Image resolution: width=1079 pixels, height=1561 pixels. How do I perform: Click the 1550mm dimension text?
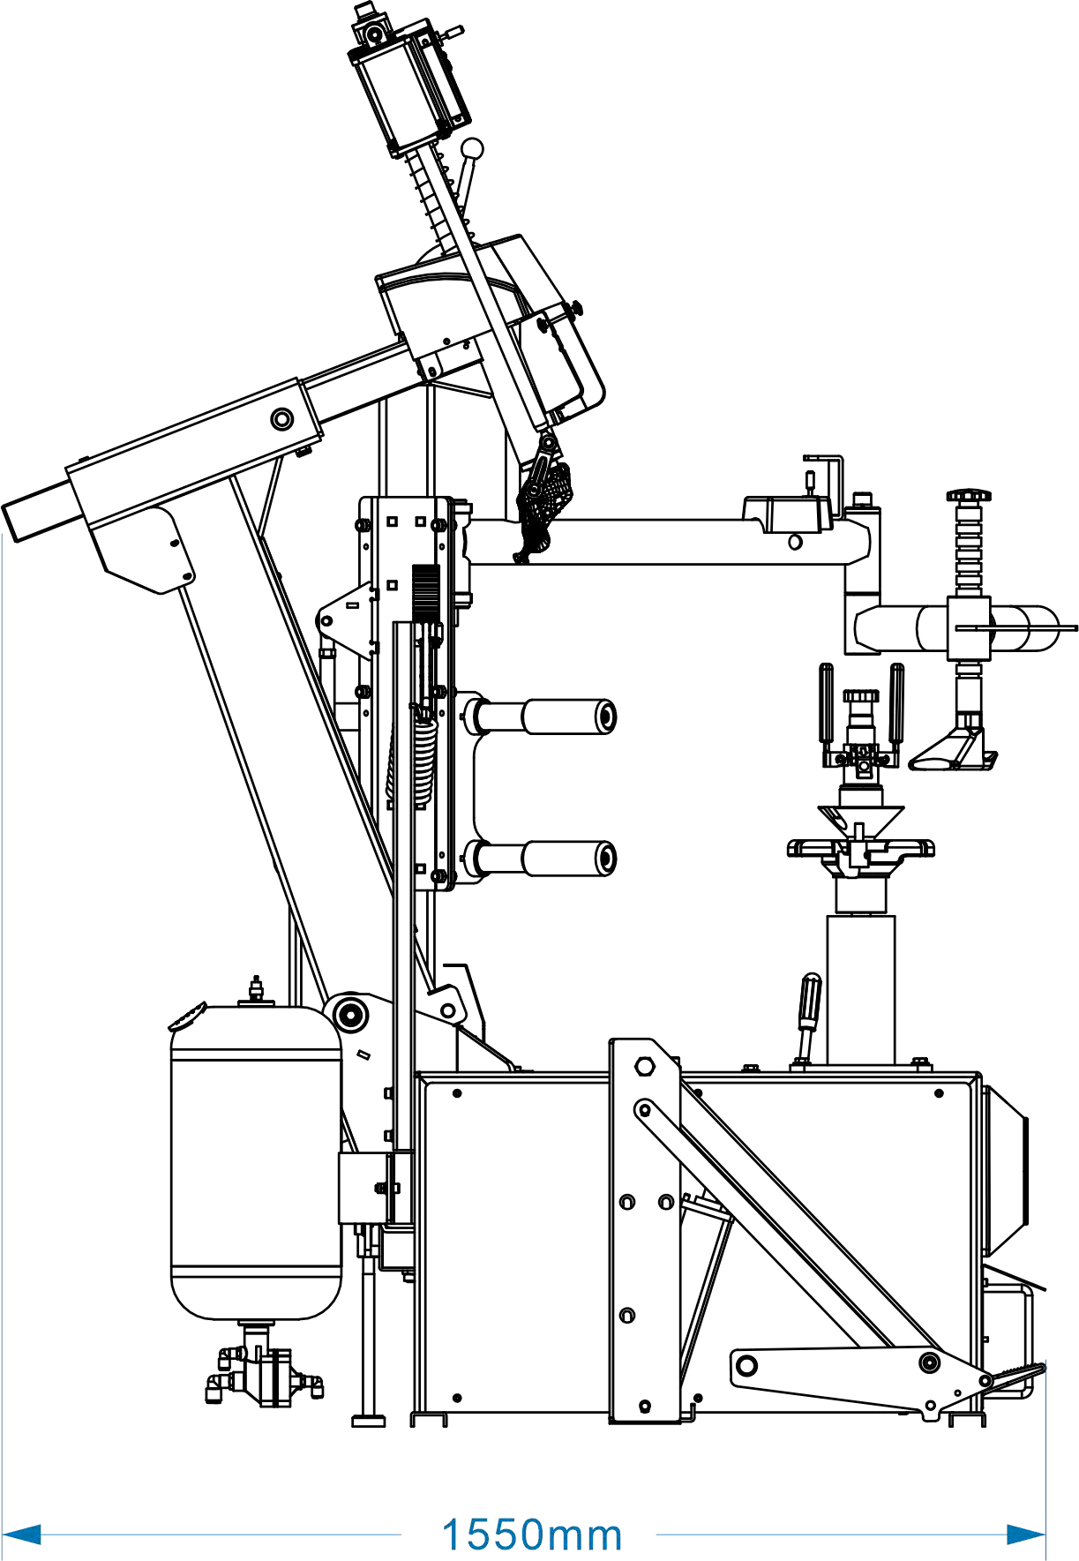[532, 1535]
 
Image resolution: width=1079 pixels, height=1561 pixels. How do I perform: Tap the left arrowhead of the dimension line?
[22, 1535]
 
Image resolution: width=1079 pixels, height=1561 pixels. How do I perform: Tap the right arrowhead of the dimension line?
[1026, 1535]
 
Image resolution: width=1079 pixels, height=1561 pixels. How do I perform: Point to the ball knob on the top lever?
[473, 148]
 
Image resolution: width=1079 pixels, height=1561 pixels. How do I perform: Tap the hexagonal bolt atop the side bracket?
[645, 1067]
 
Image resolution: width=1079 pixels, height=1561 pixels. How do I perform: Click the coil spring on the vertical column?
[424, 759]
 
